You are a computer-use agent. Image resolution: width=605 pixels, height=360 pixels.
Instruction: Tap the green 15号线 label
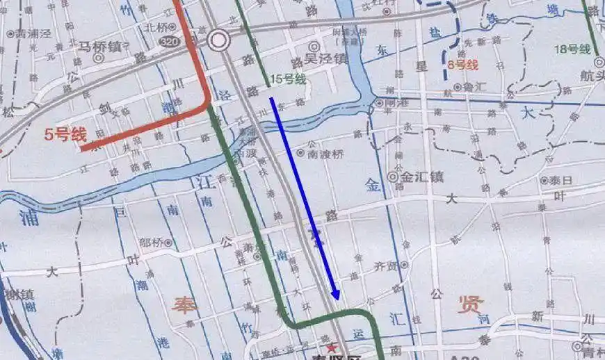(289, 79)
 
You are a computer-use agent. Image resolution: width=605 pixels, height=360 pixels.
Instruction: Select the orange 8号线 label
(463, 65)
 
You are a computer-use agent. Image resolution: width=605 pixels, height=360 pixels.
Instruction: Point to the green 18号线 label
(574, 49)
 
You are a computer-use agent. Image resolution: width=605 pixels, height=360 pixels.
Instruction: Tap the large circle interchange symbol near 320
(219, 40)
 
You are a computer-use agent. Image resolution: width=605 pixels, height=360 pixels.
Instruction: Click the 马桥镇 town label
(99, 46)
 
